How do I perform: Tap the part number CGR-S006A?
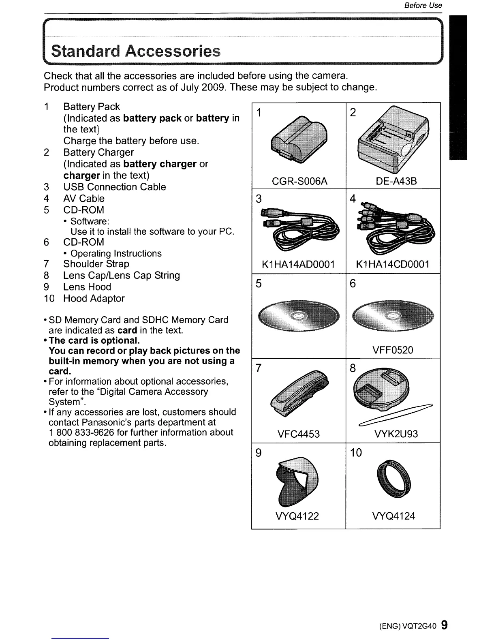click(299, 181)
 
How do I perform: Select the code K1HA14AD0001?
click(298, 265)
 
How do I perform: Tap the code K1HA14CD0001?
click(392, 265)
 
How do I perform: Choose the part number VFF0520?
click(392, 350)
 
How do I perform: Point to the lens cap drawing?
click(381, 389)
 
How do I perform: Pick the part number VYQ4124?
click(393, 516)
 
